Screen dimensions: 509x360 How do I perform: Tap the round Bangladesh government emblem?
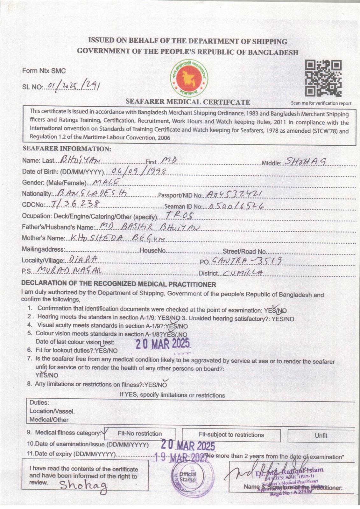point(189,78)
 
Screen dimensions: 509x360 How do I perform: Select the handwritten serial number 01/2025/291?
point(73,86)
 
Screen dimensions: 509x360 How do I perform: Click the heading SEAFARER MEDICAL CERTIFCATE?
point(188,102)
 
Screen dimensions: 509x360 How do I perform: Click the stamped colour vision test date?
point(162,344)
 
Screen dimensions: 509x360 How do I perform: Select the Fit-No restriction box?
point(140,434)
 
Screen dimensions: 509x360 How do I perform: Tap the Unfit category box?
point(321,436)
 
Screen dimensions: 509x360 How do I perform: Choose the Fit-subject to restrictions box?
point(231,435)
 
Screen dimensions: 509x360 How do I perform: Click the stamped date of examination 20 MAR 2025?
point(187,445)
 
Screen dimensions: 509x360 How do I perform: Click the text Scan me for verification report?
point(321,103)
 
